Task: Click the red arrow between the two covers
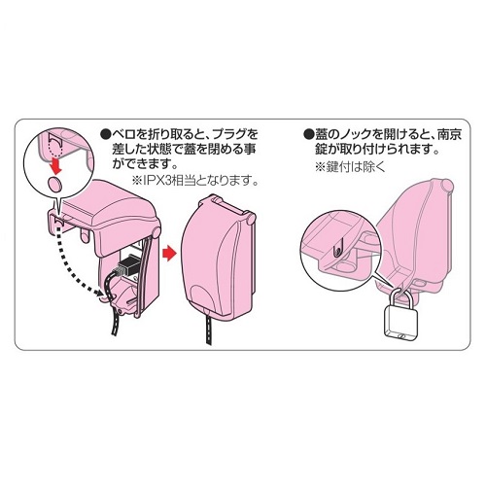tap(168, 253)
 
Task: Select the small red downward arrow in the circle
tap(56, 164)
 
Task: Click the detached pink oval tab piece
tap(55, 184)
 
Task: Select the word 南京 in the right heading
tap(449, 134)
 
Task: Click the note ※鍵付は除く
tap(350, 166)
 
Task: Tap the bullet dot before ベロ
tap(105, 134)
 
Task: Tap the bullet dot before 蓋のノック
tap(308, 134)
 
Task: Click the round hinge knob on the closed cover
tap(250, 220)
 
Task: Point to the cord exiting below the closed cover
tap(209, 329)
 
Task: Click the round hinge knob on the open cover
tap(156, 232)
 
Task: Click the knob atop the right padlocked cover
tap(446, 185)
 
